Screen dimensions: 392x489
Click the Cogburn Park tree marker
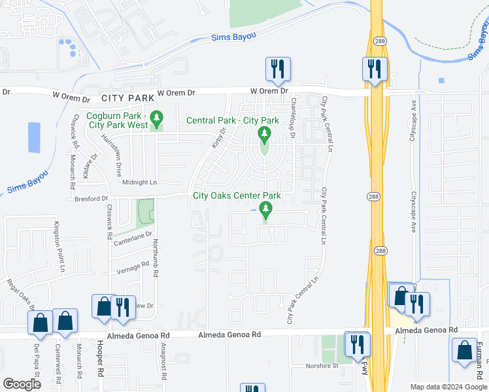point(156,118)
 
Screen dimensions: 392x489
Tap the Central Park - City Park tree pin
point(265,135)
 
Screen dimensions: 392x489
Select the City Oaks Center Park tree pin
point(265,210)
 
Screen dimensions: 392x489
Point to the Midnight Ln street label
point(141,183)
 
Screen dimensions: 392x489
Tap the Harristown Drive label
point(111,156)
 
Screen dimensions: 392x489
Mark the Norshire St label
point(322,366)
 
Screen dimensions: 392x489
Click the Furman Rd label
point(479,358)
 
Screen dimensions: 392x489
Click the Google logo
point(22,384)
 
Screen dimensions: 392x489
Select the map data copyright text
point(448,387)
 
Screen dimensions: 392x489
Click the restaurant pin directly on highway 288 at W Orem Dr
point(375,69)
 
